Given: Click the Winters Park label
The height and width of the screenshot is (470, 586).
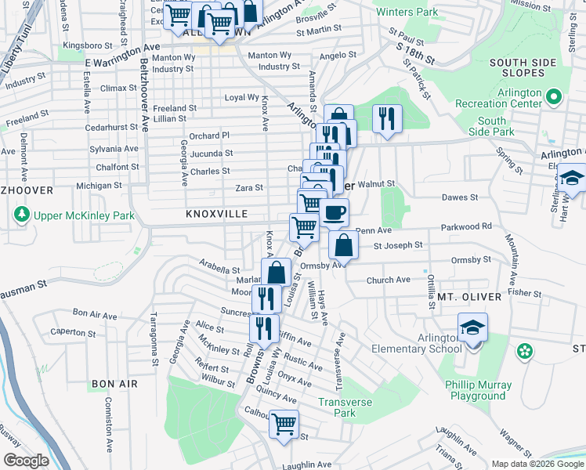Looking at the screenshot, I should point(407,13).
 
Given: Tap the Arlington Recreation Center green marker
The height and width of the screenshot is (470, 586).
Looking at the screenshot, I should point(554,98).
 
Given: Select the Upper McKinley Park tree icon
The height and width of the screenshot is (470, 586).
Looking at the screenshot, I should point(21,214).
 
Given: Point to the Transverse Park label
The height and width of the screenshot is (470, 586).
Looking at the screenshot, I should point(345,407).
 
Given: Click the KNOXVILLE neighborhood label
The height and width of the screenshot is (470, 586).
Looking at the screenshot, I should point(217,214).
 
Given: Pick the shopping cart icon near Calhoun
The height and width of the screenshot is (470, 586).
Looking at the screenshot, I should point(284,424).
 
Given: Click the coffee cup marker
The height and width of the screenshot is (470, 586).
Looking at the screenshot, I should point(335,211).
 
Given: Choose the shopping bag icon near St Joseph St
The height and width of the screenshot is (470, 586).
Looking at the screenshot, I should point(343,244).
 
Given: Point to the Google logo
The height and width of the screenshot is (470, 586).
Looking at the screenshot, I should point(26,461).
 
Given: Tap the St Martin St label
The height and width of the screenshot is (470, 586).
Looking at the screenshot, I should point(319,31).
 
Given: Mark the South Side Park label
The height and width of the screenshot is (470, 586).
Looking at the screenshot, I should point(491,127).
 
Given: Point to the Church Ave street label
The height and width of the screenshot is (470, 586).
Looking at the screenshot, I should point(388,280).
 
